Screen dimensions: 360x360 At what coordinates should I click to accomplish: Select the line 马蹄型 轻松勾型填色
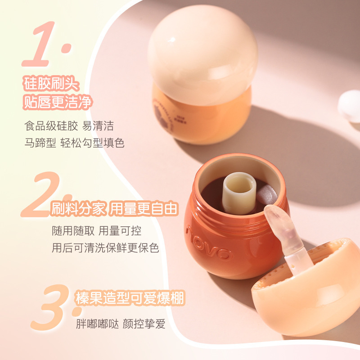click(74, 143)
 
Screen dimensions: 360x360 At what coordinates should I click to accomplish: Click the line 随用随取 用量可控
click(96, 231)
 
